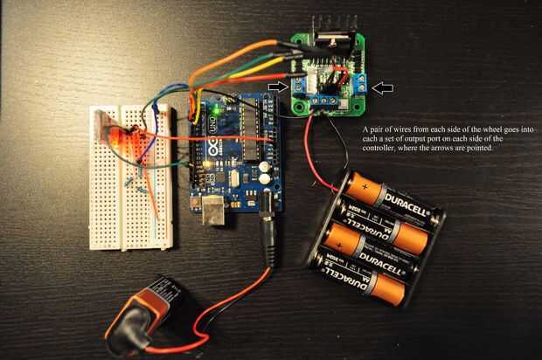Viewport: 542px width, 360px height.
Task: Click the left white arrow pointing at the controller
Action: [278, 86]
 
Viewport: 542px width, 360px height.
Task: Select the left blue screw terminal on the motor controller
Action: [300, 85]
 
